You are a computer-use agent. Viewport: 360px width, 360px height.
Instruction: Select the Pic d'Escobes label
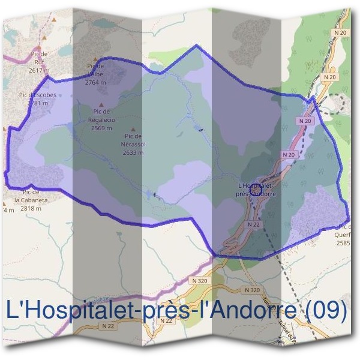click(x=37, y=95)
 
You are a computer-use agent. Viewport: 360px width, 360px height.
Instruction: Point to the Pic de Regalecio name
click(x=101, y=115)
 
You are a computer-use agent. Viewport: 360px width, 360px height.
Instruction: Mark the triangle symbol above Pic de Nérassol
click(x=133, y=129)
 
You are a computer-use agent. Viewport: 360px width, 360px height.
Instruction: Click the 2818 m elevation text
click(x=31, y=208)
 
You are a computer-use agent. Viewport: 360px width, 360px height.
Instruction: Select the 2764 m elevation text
click(x=95, y=82)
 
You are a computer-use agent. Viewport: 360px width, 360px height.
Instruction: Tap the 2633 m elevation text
click(x=133, y=152)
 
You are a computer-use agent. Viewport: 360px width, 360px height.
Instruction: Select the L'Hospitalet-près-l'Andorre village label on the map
click(x=257, y=190)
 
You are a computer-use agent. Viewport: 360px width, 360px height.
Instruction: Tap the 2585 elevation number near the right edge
click(x=343, y=243)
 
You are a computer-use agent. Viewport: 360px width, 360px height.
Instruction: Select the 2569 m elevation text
click(x=101, y=128)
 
